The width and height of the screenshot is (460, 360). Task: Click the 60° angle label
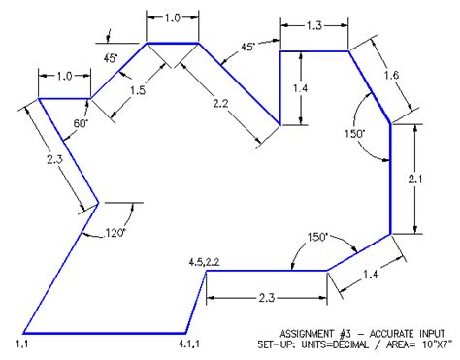tap(80, 124)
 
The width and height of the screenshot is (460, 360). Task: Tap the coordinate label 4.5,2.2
tap(206, 262)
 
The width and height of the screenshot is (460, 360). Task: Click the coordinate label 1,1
tap(22, 343)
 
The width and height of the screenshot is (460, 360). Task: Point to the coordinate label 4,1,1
tap(189, 343)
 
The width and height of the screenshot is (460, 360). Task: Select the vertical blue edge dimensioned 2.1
tap(391, 178)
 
